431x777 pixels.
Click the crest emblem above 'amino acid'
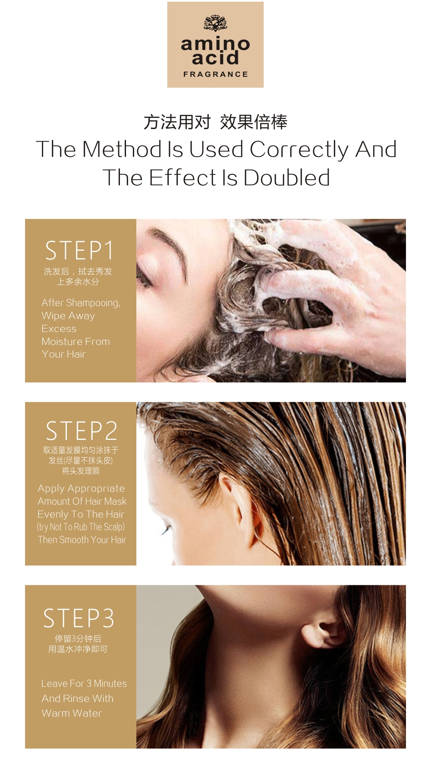215,23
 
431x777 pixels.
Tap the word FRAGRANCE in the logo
216,74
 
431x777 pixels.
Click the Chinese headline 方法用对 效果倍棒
215,122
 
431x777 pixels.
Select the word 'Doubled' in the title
287,177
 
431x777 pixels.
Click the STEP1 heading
79,250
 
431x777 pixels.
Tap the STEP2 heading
82,431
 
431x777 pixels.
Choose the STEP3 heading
79,618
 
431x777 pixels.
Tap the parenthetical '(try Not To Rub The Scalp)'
81,527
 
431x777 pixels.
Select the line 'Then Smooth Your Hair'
82,540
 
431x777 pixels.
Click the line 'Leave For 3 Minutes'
84,683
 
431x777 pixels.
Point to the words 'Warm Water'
72,713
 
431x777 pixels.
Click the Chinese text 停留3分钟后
78,638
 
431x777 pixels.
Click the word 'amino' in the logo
215,44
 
